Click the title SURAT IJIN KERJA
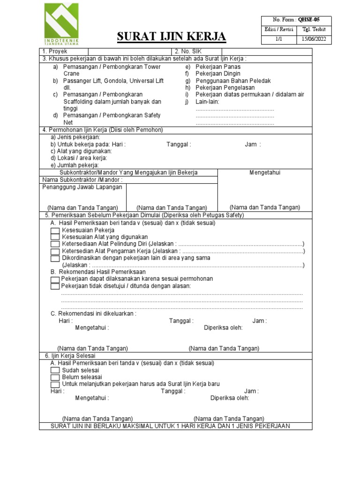click(x=171, y=37)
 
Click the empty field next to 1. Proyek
click(x=129, y=51)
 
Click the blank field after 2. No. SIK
click(x=266, y=51)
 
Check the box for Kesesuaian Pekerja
click(x=55, y=231)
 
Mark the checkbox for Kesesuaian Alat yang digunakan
click(x=55, y=237)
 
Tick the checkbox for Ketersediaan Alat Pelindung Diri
click(x=55, y=244)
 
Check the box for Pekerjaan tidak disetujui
click(x=55, y=286)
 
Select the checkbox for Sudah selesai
click(x=55, y=370)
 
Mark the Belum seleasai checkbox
click(x=55, y=377)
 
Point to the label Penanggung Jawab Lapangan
click(x=82, y=187)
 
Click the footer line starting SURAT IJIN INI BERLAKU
click(x=170, y=426)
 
